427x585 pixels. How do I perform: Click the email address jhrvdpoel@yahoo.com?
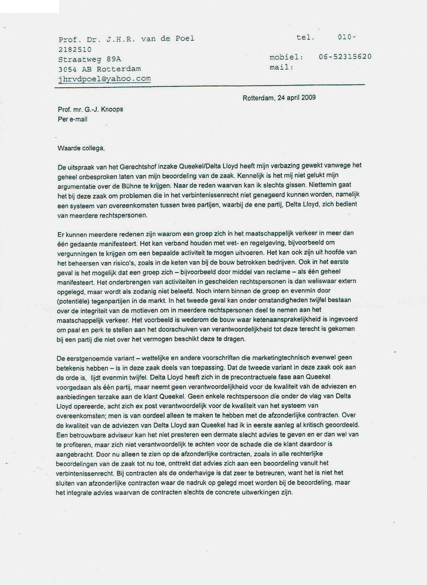(104, 79)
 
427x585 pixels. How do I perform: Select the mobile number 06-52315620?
(345, 57)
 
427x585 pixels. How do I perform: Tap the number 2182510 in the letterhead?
(75, 49)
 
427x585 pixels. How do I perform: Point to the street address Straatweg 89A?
(90, 59)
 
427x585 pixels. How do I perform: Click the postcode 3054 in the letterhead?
(68, 69)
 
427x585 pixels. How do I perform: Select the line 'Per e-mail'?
(73, 120)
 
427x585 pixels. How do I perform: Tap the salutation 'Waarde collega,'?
(81, 148)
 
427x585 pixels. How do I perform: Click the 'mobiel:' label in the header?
(287, 57)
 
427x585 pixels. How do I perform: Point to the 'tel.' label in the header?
(306, 38)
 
